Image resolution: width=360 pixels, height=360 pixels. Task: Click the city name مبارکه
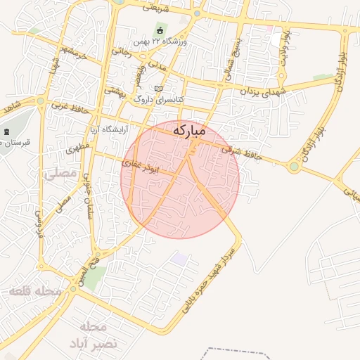(188, 130)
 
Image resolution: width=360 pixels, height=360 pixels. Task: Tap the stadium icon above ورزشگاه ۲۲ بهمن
(160, 30)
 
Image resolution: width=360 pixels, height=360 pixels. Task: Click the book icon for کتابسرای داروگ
(158, 89)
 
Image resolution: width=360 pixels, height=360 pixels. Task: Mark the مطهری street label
(77, 150)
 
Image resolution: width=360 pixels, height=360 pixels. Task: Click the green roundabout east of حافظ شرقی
(293, 167)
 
